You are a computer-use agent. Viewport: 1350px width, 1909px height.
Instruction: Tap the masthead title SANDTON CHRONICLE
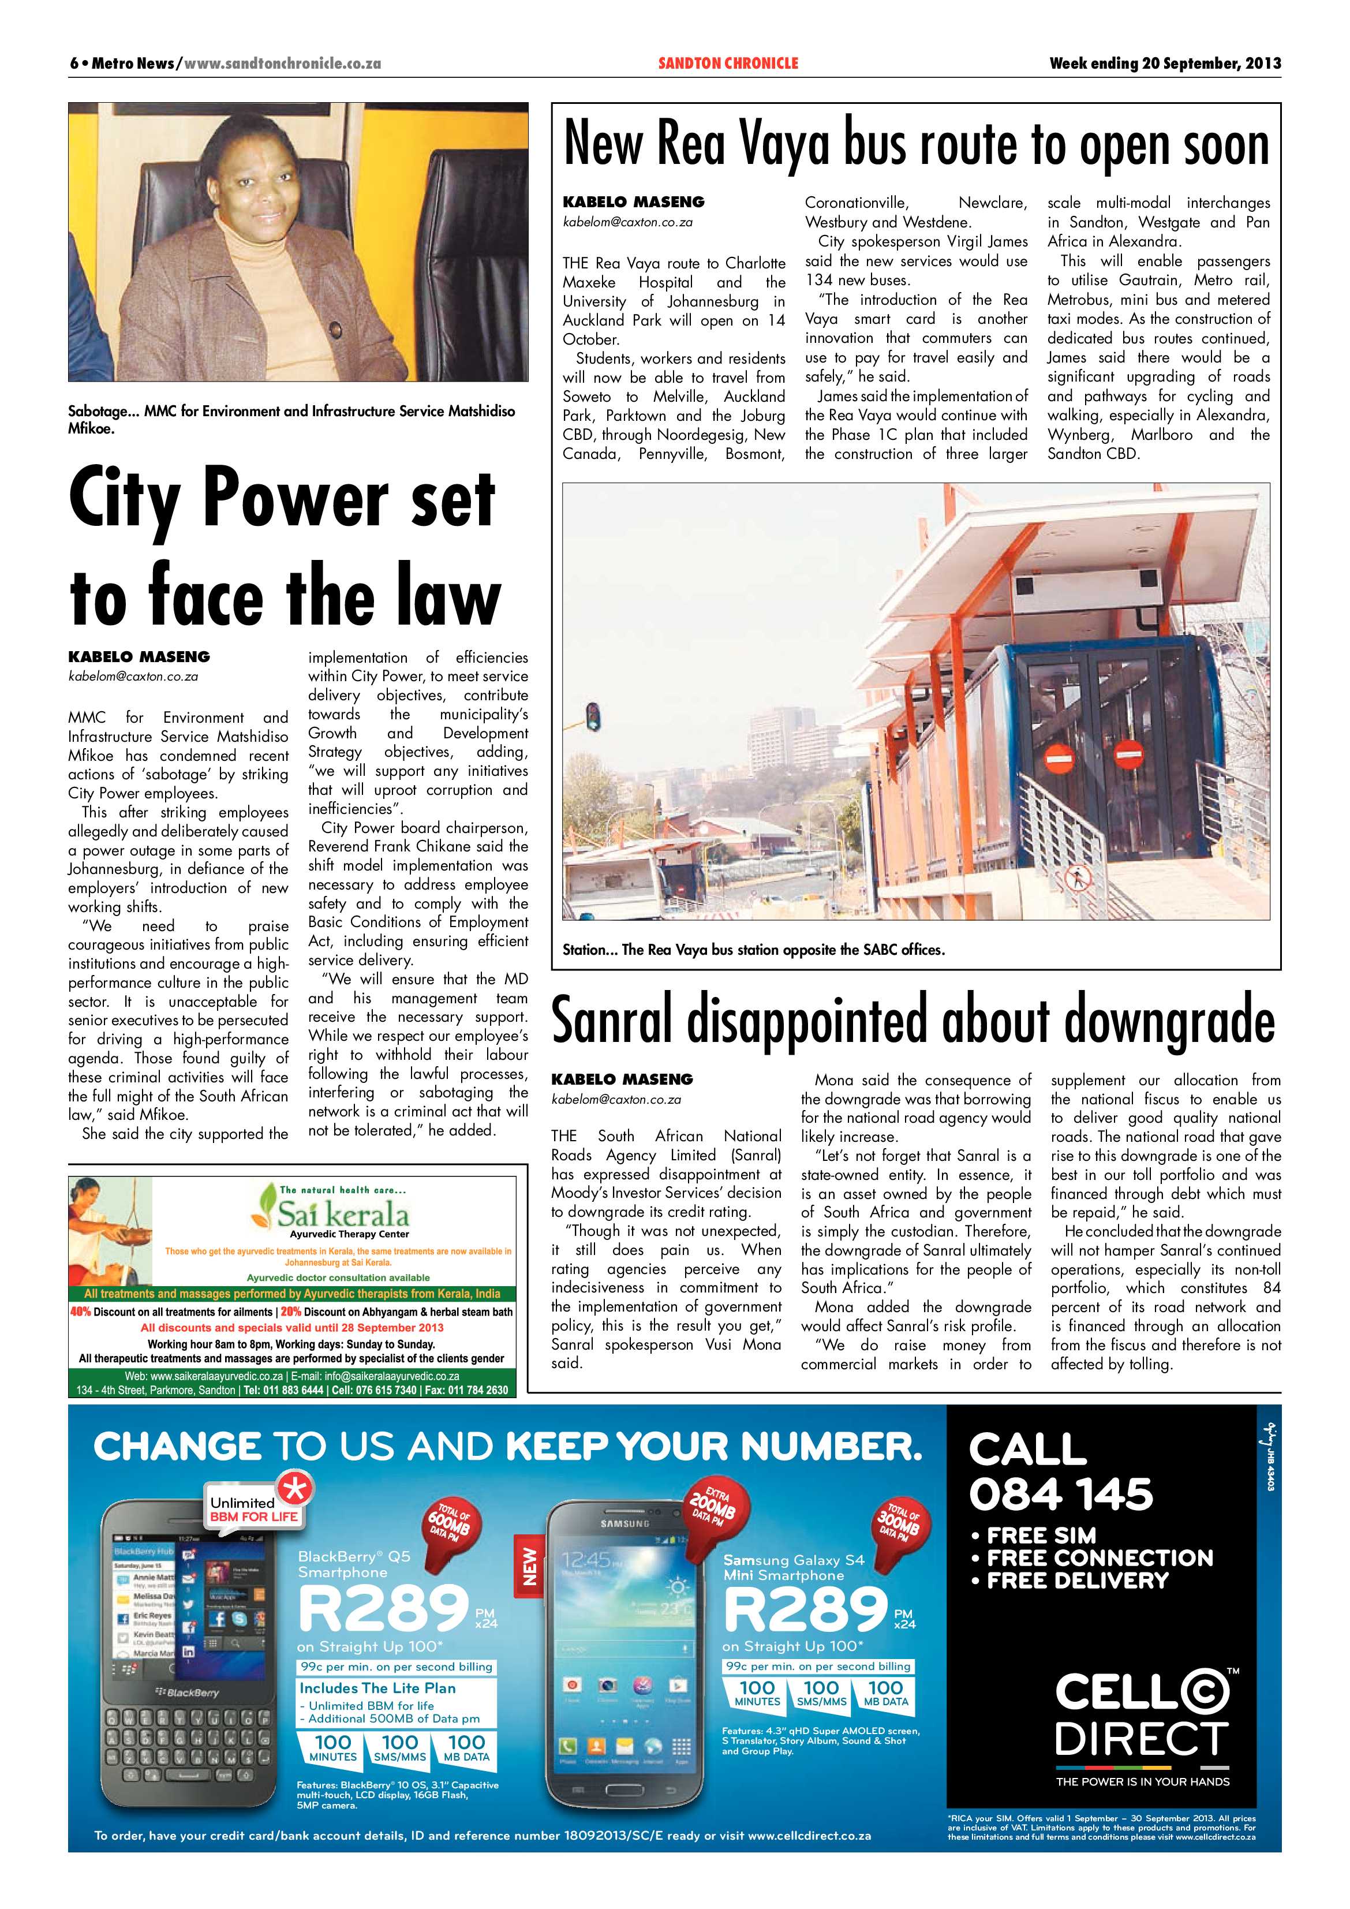[x=727, y=63]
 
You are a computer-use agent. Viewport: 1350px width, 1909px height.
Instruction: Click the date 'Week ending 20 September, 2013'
[x=1165, y=63]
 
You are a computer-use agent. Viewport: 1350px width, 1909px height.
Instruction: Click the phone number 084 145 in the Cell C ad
[x=1061, y=1493]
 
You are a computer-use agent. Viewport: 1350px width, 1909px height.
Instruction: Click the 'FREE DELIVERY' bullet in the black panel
[x=1078, y=1581]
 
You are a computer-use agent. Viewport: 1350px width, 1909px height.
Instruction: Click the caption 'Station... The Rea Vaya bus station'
[x=753, y=950]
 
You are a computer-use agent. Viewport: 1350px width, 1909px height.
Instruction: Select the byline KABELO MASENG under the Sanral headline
[x=622, y=1079]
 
